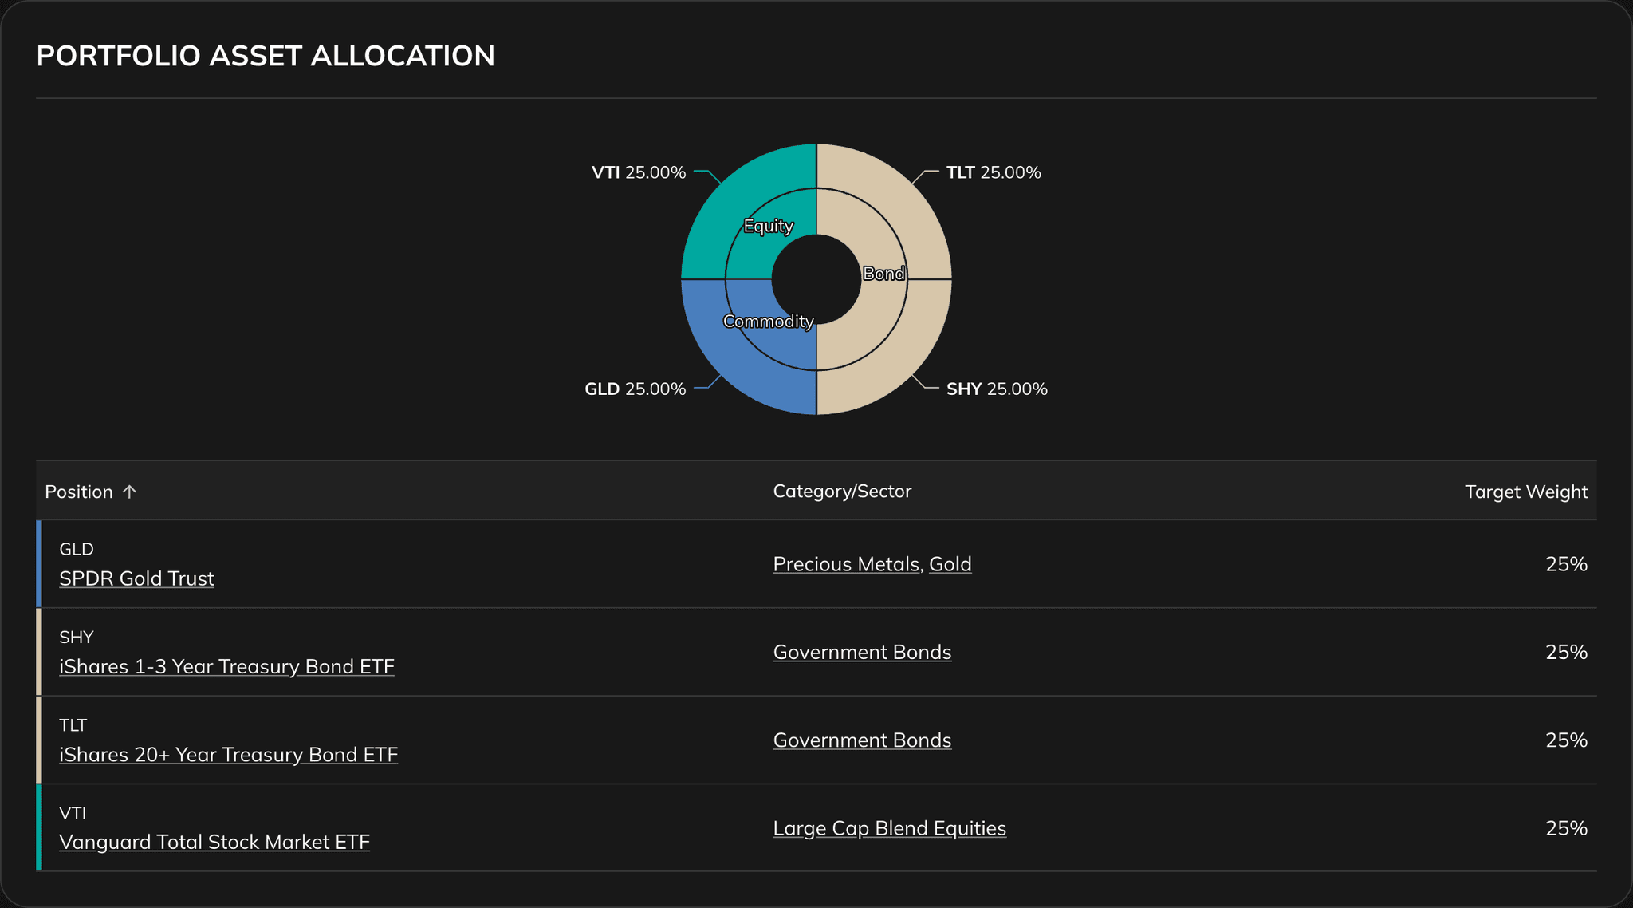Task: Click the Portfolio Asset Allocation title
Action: pyautogui.click(x=266, y=56)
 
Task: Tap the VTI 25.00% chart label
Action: pyautogui.click(x=638, y=172)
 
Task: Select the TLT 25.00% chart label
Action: pyautogui.click(x=993, y=172)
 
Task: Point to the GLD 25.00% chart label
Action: pyautogui.click(x=635, y=389)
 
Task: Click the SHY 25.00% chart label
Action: pyautogui.click(x=996, y=389)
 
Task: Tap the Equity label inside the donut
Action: pyautogui.click(x=768, y=226)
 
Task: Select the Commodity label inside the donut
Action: pyautogui.click(x=768, y=321)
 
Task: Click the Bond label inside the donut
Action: pyautogui.click(x=883, y=274)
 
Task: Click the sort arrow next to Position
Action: pyautogui.click(x=129, y=492)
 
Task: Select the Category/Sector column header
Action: pyautogui.click(x=842, y=492)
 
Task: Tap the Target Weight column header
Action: pyautogui.click(x=1525, y=492)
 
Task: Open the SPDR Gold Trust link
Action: pyautogui.click(x=136, y=578)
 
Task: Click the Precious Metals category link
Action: pyautogui.click(x=846, y=564)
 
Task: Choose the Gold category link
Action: pyautogui.click(x=950, y=564)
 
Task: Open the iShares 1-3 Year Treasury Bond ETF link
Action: pyautogui.click(x=226, y=666)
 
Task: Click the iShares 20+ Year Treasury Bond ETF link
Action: pyautogui.click(x=228, y=754)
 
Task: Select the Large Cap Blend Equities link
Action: pyautogui.click(x=889, y=828)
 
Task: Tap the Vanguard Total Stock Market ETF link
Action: pyautogui.click(x=214, y=842)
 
